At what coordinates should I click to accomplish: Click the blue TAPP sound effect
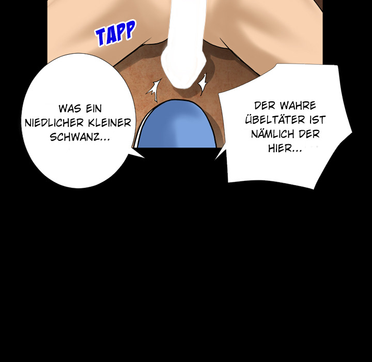coord(116,33)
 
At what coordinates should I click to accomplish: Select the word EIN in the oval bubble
coord(94,109)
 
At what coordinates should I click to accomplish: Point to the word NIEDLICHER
coord(54,123)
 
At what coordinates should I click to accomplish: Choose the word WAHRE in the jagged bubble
coord(298,105)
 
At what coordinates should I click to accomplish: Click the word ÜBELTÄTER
coord(275,119)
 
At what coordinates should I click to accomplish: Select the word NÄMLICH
coord(273,134)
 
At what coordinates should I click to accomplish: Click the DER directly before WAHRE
coord(265,105)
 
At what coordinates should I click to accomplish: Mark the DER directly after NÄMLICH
coord(309,134)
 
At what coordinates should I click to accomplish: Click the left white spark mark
coord(154,90)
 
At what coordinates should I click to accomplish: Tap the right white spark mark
coord(203,84)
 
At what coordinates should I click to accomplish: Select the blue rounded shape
coord(177,125)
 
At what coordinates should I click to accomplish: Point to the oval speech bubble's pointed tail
coord(143,157)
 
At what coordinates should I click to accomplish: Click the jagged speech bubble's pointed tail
coord(216,159)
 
